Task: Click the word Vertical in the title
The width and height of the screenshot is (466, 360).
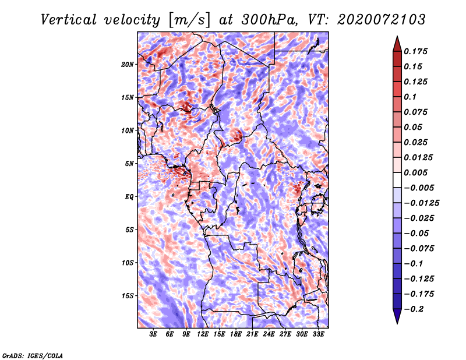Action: click(x=69, y=20)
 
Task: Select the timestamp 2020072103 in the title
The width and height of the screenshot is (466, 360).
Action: click(x=382, y=20)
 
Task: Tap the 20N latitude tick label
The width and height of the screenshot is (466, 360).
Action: click(x=128, y=65)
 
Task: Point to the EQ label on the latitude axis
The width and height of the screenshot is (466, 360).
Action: click(x=129, y=197)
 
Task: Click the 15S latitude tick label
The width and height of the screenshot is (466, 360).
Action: click(x=128, y=296)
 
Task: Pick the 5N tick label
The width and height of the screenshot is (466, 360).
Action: click(x=129, y=164)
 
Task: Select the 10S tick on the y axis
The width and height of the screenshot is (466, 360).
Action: click(x=128, y=263)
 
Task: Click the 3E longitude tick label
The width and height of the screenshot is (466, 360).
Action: click(x=153, y=334)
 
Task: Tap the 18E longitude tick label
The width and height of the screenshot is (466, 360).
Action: click(x=236, y=334)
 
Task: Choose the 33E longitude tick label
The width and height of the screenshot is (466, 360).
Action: click(x=318, y=334)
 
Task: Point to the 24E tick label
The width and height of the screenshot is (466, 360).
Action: click(x=269, y=334)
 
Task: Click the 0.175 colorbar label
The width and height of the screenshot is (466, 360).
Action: click(x=415, y=51)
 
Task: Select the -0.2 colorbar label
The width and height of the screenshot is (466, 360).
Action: click(x=414, y=309)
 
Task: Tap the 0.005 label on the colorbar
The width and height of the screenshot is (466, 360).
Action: click(x=415, y=172)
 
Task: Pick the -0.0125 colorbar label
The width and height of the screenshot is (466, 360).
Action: click(x=421, y=203)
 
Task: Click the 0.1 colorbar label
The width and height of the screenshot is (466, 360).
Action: click(x=410, y=97)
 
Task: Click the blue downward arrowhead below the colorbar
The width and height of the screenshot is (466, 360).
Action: click(x=397, y=315)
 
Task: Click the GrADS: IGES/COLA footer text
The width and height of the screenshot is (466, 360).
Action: click(x=33, y=355)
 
